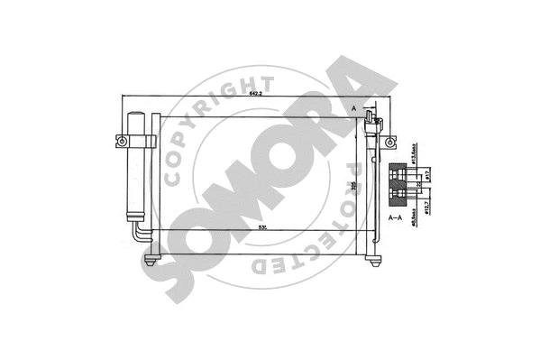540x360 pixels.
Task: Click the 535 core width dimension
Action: (261, 227)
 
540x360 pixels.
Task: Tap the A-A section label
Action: (396, 218)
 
